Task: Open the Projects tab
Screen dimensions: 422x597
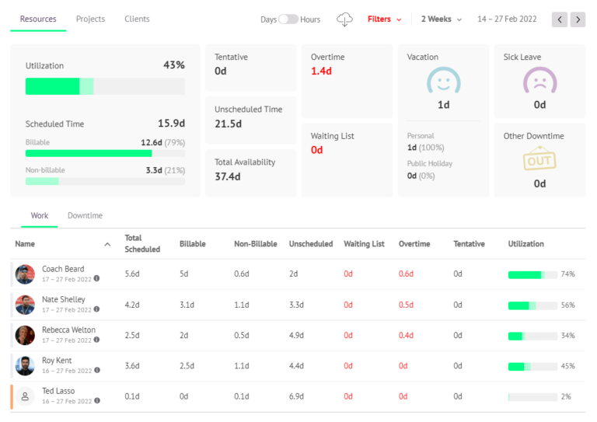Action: pos(90,19)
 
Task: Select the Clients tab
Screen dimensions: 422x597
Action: pos(137,19)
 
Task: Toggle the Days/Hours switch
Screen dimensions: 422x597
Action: pos(288,19)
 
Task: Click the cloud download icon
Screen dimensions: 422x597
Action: pos(344,19)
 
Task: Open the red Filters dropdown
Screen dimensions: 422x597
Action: pos(385,19)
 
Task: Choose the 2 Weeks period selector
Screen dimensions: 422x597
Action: pos(441,19)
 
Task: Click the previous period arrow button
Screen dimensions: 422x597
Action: pos(560,19)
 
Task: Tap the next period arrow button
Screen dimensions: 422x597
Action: pos(578,19)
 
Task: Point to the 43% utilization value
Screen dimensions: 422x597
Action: pos(174,65)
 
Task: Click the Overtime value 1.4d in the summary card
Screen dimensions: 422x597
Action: pos(321,71)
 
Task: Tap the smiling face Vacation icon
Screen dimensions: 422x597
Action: pos(444,82)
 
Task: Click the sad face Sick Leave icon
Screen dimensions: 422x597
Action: pos(539,82)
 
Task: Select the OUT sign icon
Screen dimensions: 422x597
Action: pos(539,159)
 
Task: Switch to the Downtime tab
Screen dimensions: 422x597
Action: pos(85,215)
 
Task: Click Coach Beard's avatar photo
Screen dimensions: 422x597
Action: pos(25,274)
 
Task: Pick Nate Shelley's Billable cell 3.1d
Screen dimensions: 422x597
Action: pos(187,305)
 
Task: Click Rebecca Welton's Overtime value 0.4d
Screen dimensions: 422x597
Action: pos(406,335)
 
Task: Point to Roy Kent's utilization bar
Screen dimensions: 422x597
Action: pos(532,366)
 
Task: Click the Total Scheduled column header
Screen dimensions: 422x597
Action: pos(142,243)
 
